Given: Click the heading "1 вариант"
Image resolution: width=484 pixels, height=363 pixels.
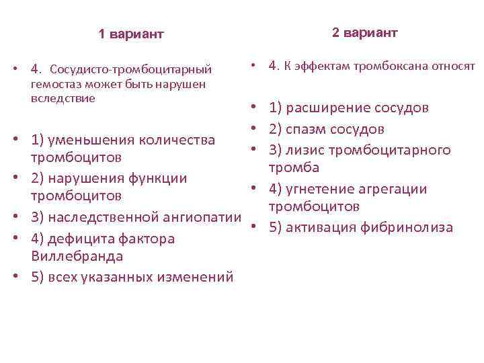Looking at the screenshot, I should [131, 34].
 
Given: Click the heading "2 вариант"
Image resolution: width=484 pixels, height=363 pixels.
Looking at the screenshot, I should [364, 33].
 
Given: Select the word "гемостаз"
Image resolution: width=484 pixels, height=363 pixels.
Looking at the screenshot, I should [53, 84].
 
